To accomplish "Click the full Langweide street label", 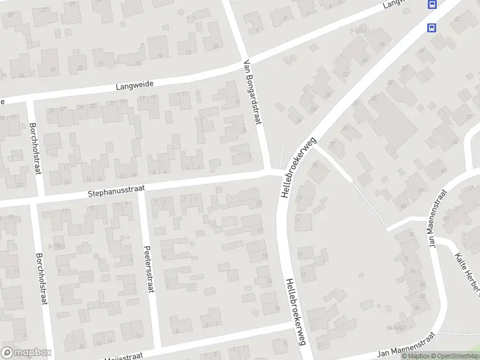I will tap(136, 86).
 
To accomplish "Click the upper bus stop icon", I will tap(431, 5).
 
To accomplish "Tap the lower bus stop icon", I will tap(431, 26).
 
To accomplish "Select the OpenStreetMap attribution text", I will tap(454, 356).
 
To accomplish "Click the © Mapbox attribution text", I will tap(415, 356).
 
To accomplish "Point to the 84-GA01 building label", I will tap(396, 328).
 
